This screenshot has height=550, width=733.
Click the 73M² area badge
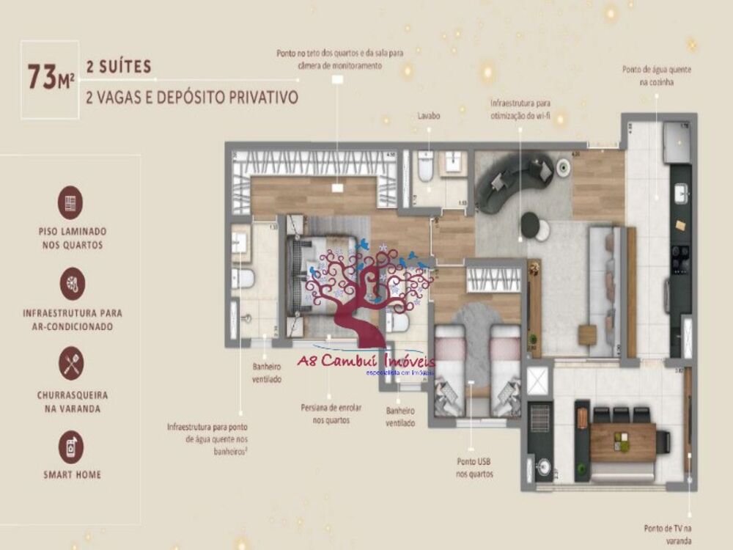[x=51, y=76]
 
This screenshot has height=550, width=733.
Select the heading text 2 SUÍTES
[x=119, y=67]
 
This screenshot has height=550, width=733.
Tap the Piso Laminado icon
[x=71, y=202]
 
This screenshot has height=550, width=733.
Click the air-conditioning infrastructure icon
[x=71, y=283]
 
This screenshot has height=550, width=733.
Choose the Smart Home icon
[x=71, y=447]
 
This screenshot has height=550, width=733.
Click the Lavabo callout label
[x=429, y=116]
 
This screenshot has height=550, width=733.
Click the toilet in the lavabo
[x=424, y=168]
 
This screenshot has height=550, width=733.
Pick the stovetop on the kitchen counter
[x=680, y=257]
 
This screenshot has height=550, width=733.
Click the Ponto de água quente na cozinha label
[x=657, y=76]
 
